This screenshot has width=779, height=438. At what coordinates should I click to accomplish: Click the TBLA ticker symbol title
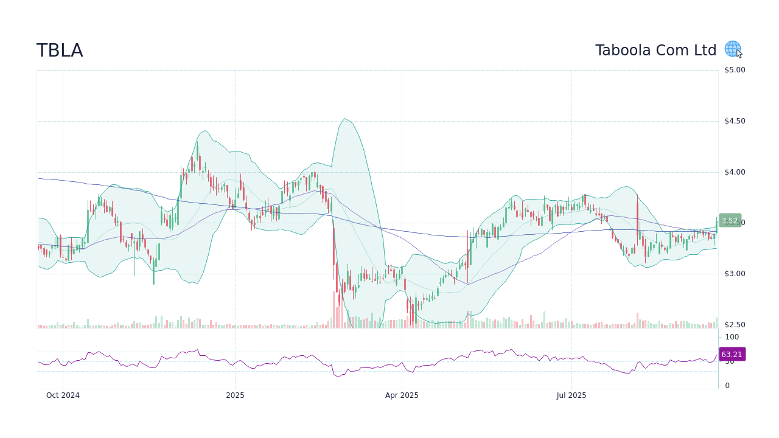pos(60,50)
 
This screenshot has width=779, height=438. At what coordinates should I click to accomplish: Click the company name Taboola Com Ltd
pos(655,50)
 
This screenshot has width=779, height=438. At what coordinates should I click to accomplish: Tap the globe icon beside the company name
pos(732,49)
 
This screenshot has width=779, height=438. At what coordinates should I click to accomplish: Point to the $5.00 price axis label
pos(735,70)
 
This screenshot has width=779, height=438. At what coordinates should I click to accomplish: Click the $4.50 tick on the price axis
pos(735,121)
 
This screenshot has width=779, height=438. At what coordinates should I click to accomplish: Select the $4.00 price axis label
pos(735,172)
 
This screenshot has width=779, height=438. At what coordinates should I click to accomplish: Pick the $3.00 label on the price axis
pos(735,274)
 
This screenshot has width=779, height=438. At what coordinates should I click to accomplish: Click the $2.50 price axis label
pos(735,325)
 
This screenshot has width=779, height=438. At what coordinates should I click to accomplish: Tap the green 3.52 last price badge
pos(730,221)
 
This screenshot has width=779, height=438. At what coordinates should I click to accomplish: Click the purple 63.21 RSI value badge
pos(732,354)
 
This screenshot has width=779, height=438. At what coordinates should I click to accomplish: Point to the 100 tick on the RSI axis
pos(732,337)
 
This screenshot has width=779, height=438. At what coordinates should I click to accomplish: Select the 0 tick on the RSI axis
pos(727,386)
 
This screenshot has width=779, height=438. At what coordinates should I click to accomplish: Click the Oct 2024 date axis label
pos(63,395)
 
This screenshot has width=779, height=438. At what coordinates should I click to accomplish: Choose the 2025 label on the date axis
pos(235,395)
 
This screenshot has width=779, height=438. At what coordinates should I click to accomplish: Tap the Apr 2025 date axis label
pos(402,395)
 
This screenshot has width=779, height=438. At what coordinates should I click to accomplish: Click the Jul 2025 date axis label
pos(571,395)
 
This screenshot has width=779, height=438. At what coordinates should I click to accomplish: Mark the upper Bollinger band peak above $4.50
pos(344,119)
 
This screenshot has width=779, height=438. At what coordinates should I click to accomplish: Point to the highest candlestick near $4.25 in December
pos(197,152)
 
